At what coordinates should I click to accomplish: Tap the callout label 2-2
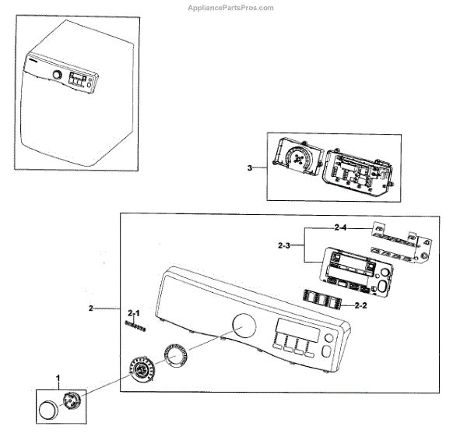[x=360, y=305]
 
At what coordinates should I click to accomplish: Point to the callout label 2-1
[x=134, y=312]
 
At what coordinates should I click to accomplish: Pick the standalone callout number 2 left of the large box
[x=91, y=309]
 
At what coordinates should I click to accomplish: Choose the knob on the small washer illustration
[x=57, y=75]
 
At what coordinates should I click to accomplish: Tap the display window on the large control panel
[x=296, y=330]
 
